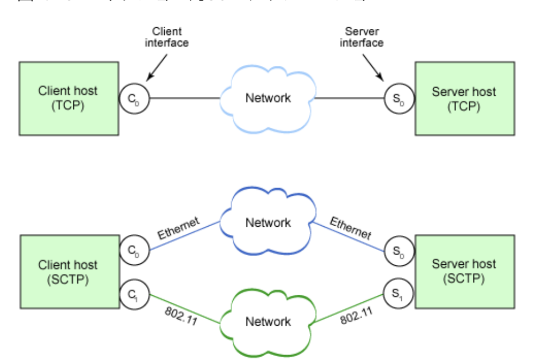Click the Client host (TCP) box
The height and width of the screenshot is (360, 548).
point(68,98)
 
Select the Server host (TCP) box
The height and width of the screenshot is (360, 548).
point(464,98)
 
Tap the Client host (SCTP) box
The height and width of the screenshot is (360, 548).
point(68,272)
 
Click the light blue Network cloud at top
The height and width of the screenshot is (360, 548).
point(267,98)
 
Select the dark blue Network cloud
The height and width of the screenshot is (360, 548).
point(267,222)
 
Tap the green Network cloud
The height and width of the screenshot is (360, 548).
point(267,321)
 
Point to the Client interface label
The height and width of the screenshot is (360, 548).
point(166,37)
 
